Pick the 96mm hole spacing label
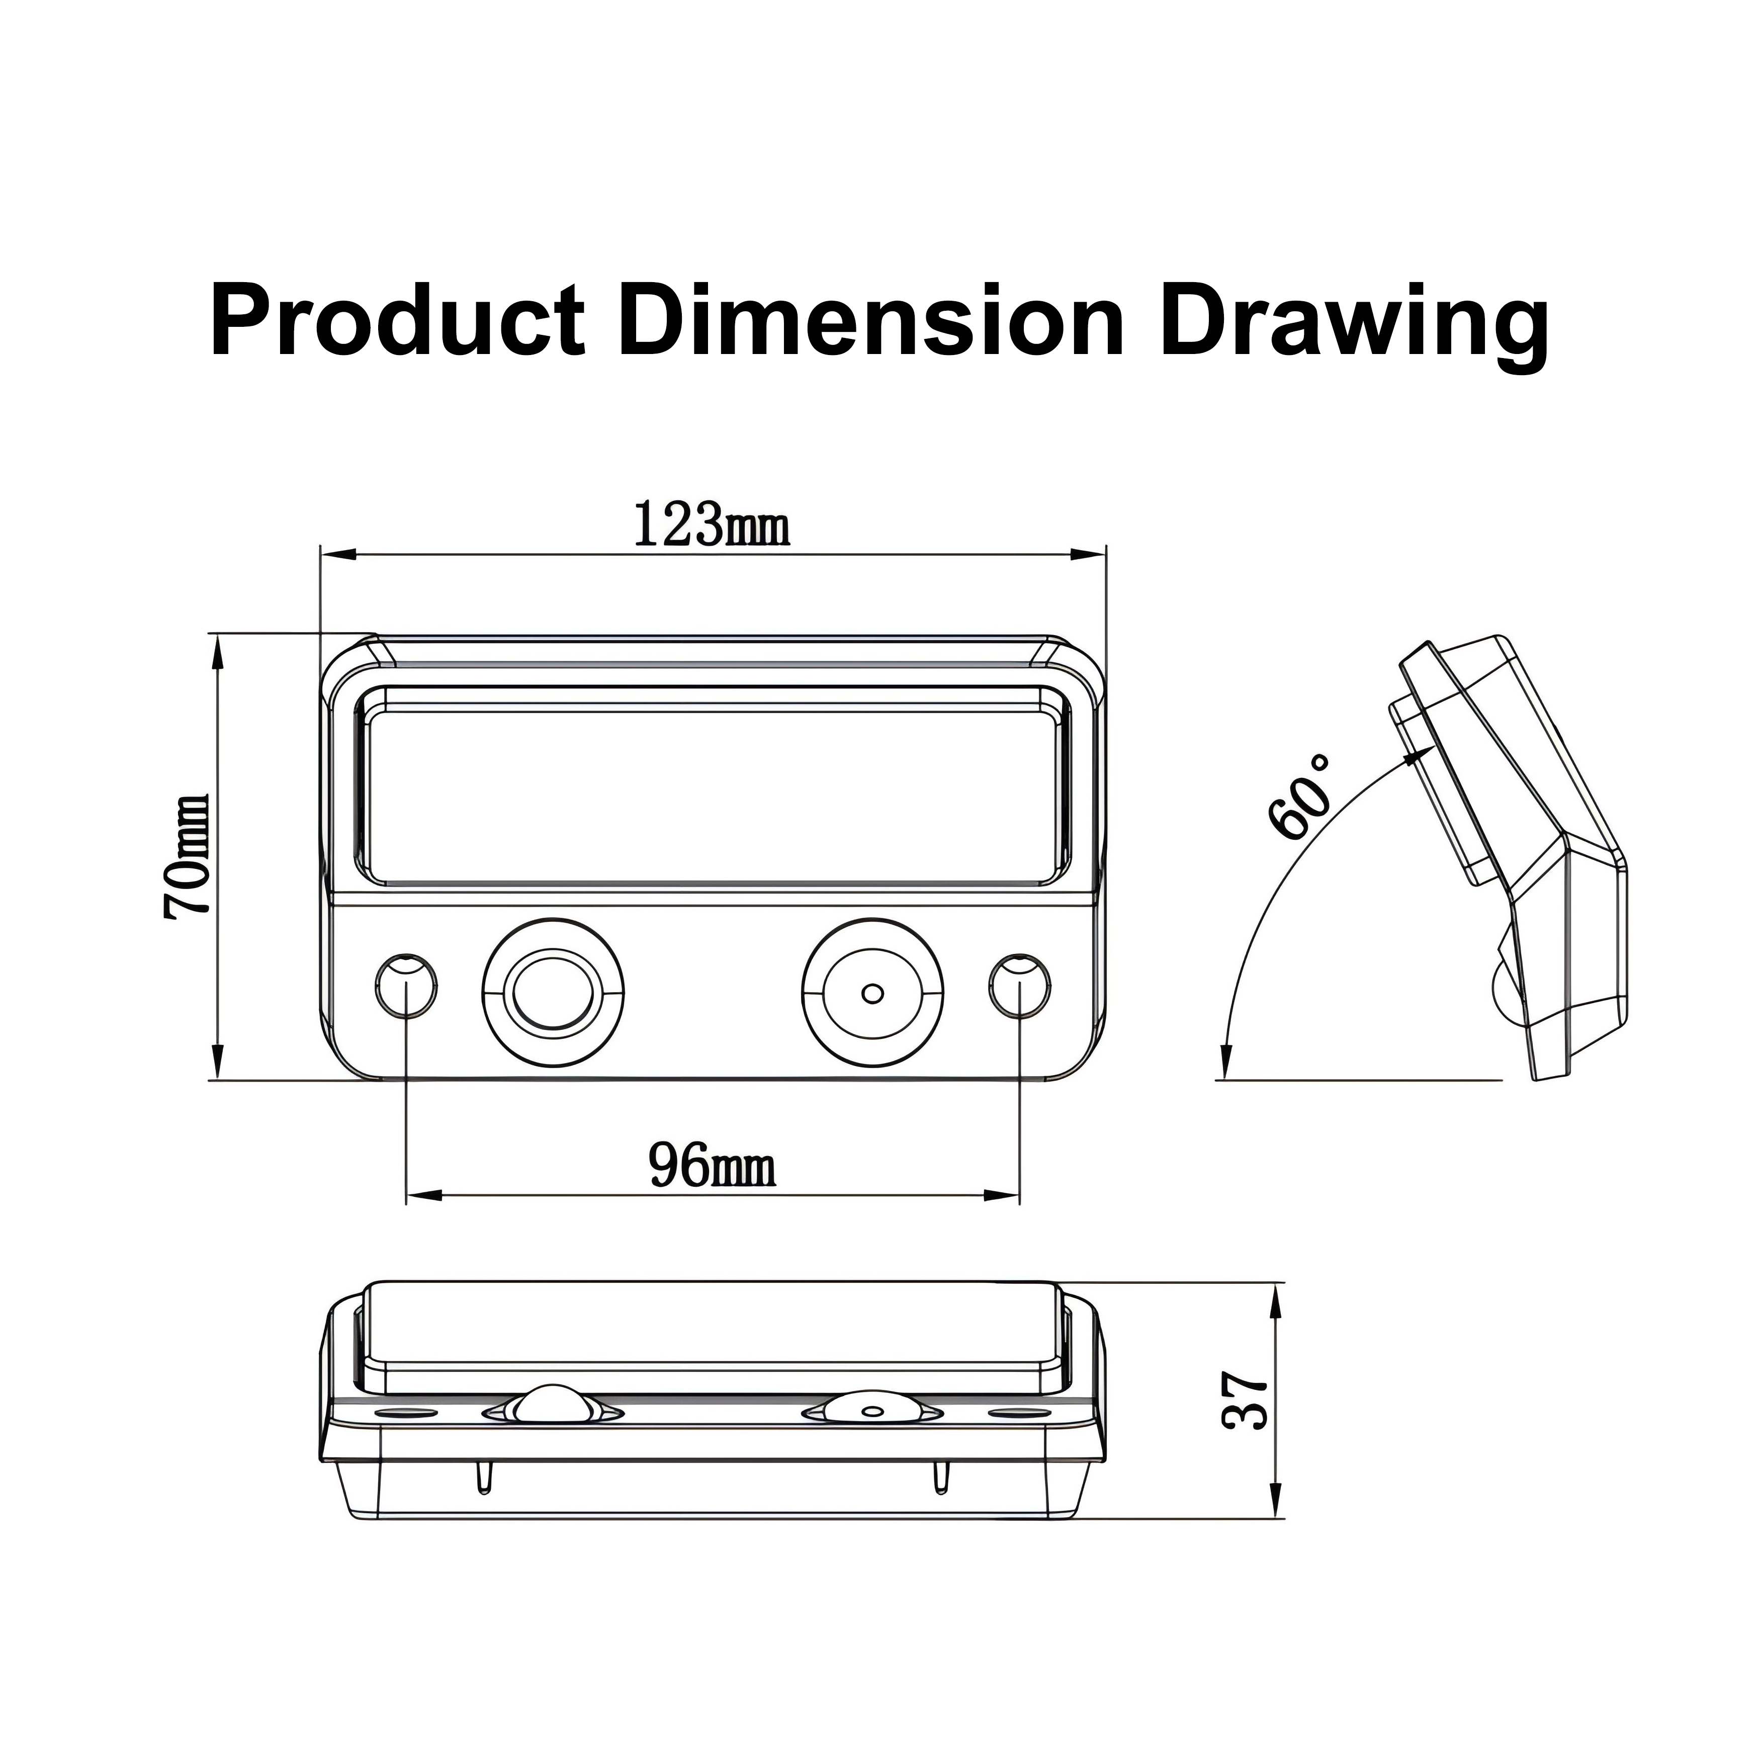click(x=713, y=1166)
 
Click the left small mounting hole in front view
click(x=406, y=986)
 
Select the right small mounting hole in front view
click(x=1019, y=986)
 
